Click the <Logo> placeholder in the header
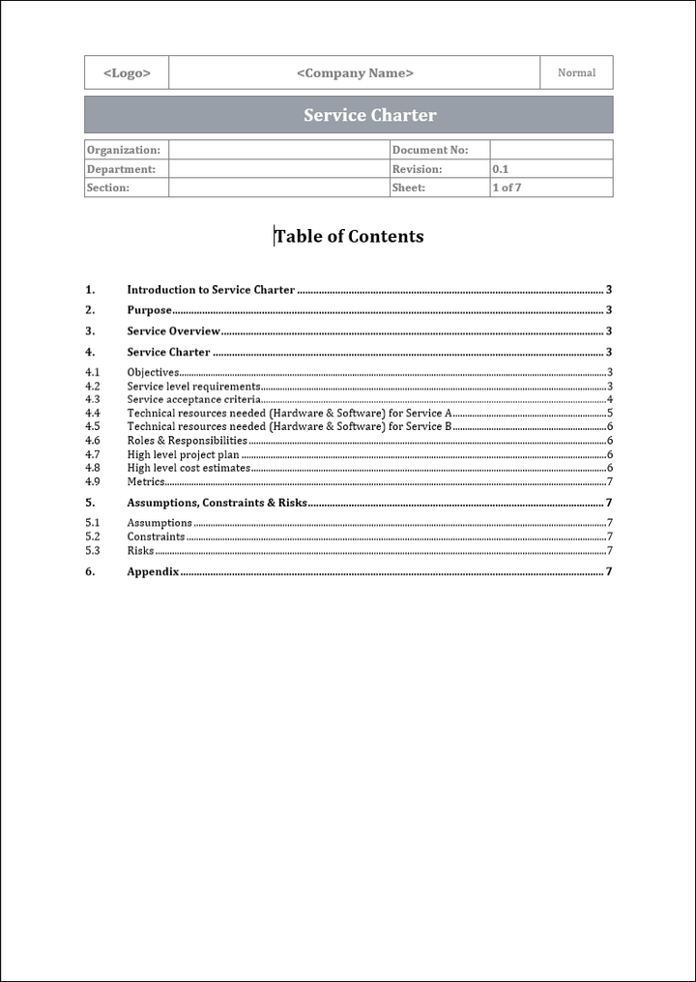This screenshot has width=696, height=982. pyautogui.click(x=127, y=72)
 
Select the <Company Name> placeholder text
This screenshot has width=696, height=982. pyautogui.click(x=355, y=72)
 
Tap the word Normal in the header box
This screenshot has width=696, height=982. pyautogui.click(x=576, y=72)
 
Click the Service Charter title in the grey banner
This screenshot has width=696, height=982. pyautogui.click(x=369, y=115)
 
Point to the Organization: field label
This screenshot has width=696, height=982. pyautogui.click(x=123, y=150)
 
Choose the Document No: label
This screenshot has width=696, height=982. pyautogui.click(x=430, y=150)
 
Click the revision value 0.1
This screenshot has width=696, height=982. pyautogui.click(x=501, y=169)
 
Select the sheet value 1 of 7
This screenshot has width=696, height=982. pyautogui.click(x=507, y=188)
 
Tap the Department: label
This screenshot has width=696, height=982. pyautogui.click(x=121, y=169)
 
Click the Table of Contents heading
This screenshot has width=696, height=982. pyautogui.click(x=349, y=236)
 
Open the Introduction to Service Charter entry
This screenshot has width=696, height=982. pyautogui.click(x=211, y=290)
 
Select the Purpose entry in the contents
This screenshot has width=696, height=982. pyautogui.click(x=149, y=310)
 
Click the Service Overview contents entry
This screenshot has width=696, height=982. pyautogui.click(x=174, y=332)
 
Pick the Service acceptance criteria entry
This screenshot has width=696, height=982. pyautogui.click(x=193, y=399)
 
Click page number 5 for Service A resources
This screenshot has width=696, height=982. pyautogui.click(x=610, y=413)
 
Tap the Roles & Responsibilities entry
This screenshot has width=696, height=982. pyautogui.click(x=187, y=441)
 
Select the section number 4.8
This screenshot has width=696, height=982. pyautogui.click(x=92, y=468)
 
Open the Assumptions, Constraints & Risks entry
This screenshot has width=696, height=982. pyautogui.click(x=217, y=503)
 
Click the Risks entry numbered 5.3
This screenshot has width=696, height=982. pyautogui.click(x=140, y=551)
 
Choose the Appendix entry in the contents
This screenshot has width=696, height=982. pyautogui.click(x=153, y=571)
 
